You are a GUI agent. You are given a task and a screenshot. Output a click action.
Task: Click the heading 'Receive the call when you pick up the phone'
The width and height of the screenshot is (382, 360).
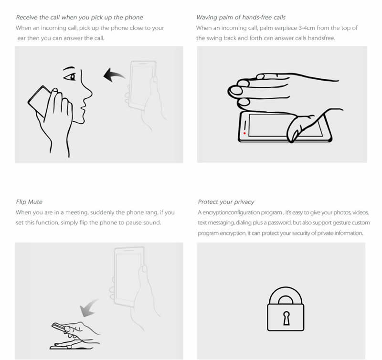(x=79, y=18)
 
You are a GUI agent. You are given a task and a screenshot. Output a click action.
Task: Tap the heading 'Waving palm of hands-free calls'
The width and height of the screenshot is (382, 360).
(x=241, y=18)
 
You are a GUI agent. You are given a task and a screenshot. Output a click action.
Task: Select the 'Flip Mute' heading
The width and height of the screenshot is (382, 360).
(x=29, y=202)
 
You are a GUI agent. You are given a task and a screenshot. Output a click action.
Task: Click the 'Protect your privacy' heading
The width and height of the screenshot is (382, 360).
(x=226, y=202)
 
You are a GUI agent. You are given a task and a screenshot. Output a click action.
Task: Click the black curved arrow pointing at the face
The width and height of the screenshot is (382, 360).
(x=114, y=75)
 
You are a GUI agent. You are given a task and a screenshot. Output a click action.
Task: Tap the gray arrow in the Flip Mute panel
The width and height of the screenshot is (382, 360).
(x=89, y=308)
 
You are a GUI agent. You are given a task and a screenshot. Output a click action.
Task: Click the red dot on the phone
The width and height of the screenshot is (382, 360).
(x=244, y=133)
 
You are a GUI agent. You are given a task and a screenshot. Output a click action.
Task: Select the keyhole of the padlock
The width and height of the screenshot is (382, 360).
(x=286, y=318)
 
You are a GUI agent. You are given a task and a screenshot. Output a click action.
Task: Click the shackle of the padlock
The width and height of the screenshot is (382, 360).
(x=286, y=291)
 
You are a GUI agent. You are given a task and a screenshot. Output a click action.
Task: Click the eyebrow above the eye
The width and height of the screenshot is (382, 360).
(x=69, y=68)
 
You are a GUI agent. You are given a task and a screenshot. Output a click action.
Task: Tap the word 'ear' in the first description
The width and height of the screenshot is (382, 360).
(x=21, y=39)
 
